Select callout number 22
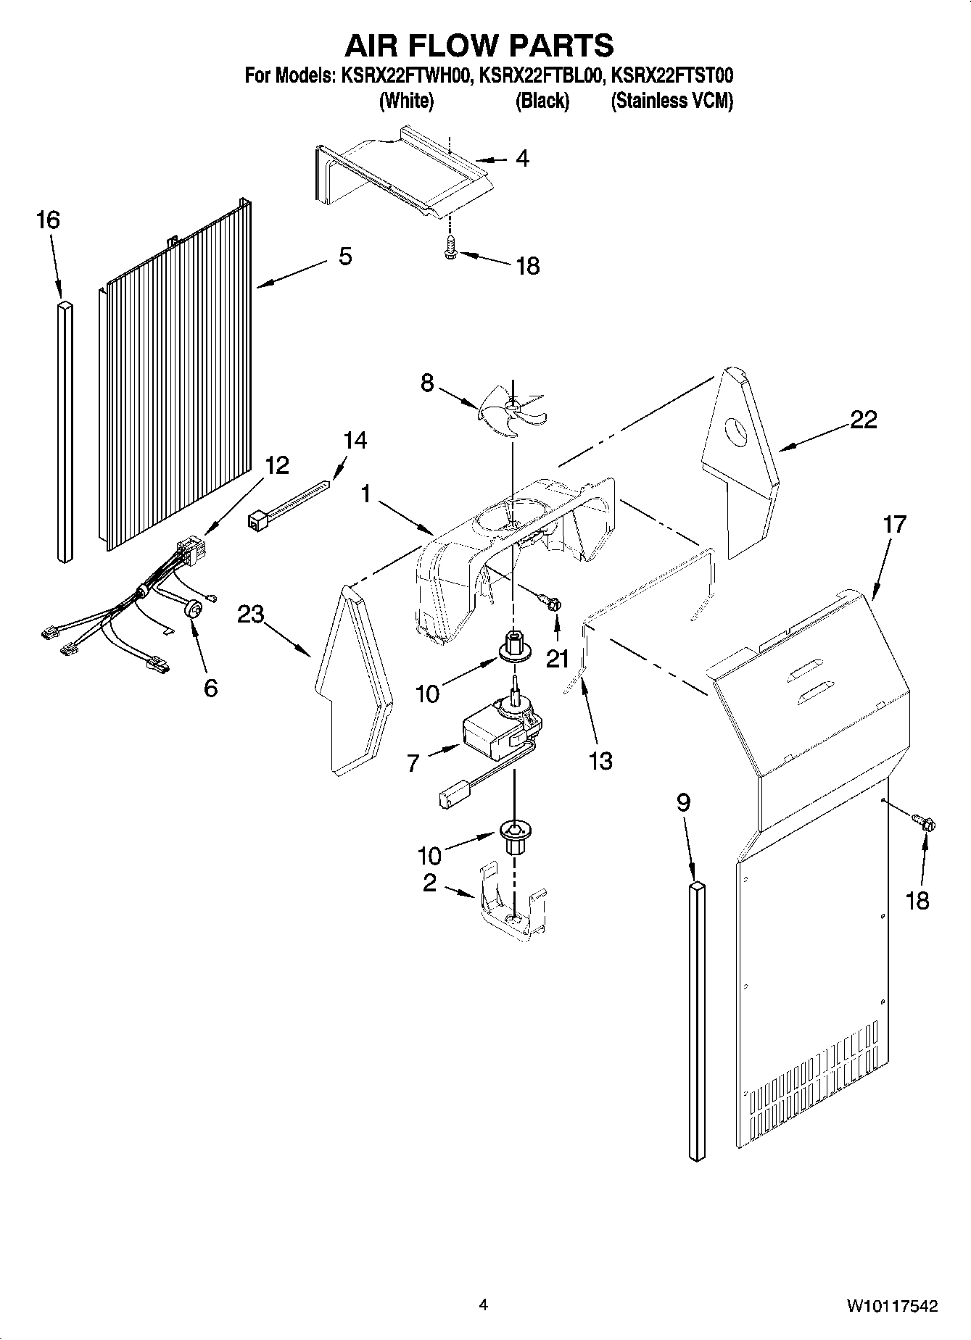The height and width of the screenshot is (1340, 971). (x=863, y=420)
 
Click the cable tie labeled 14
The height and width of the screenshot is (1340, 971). (x=290, y=505)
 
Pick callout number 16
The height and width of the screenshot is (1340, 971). (x=48, y=220)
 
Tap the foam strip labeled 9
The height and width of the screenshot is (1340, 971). (x=696, y=1022)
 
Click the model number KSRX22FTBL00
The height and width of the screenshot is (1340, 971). (x=541, y=75)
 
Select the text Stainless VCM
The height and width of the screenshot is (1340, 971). (x=672, y=101)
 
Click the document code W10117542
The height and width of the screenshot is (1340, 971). (x=891, y=1306)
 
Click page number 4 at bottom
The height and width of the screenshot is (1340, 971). (x=484, y=1305)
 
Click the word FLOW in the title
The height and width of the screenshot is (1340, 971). (x=479, y=46)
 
